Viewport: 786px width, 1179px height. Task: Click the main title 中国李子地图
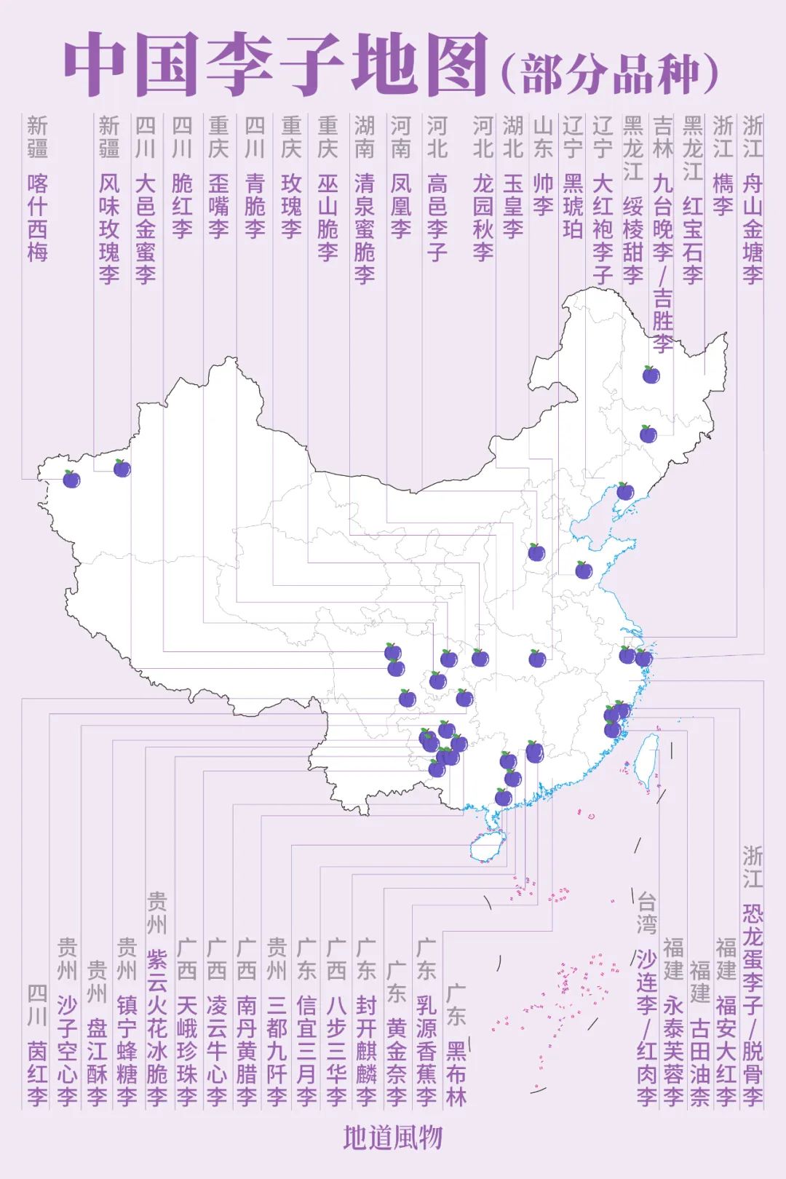coord(275,64)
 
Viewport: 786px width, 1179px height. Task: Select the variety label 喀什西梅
coord(38,217)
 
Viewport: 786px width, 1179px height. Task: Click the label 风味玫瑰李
coord(109,228)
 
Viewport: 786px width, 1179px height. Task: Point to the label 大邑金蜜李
coord(146,228)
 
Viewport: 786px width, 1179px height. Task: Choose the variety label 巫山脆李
coord(327,217)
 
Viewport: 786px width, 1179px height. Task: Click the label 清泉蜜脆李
coord(365,228)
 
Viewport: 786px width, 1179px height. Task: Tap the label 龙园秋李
coord(483,217)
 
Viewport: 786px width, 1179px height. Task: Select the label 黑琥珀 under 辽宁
coord(573,206)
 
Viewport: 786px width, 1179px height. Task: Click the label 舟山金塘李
coord(753,228)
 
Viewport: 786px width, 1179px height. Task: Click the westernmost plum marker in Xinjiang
coord(71,479)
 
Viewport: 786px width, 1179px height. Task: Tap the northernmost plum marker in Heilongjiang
coord(651,375)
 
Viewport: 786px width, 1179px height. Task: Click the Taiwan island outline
coord(647,761)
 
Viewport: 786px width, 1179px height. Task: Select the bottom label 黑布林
coord(456,1073)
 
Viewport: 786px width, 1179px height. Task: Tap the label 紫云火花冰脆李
coord(157,1027)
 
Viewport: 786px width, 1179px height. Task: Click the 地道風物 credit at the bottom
coord(393,1138)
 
